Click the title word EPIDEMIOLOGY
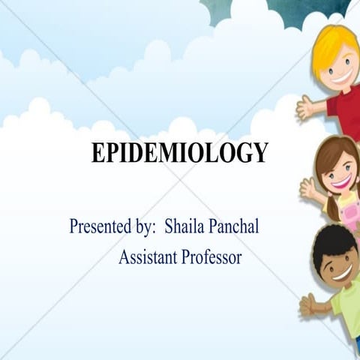[179, 153]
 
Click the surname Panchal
[235, 226]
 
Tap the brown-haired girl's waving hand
[308, 187]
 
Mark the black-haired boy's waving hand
[307, 303]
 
